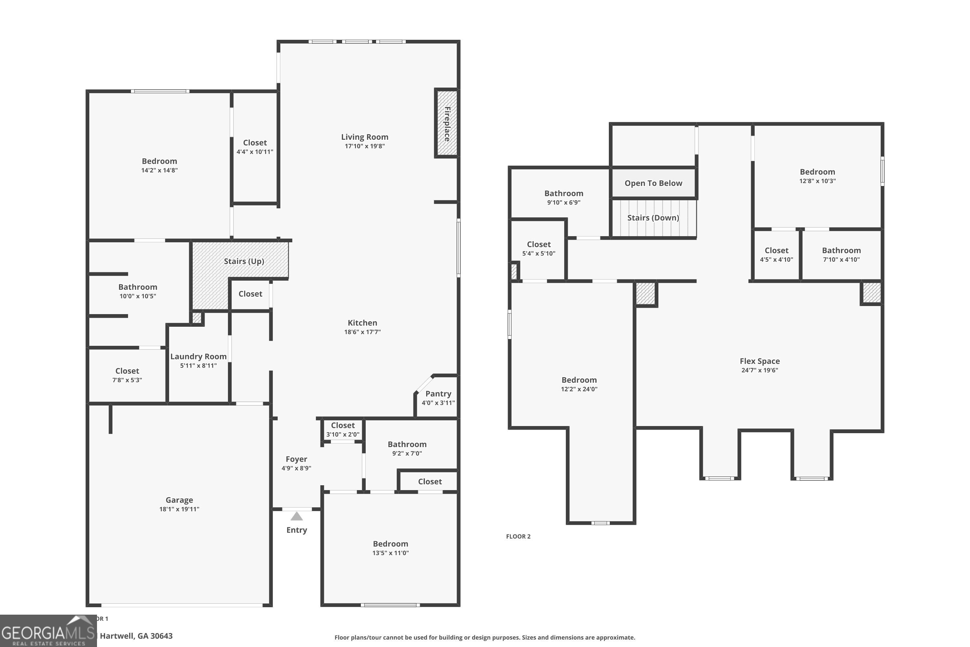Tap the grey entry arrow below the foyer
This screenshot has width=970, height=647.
[x=296, y=516]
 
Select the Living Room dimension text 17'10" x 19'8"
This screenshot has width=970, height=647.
[x=365, y=146]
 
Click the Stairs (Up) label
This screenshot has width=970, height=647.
[x=244, y=261]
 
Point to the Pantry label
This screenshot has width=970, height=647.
[x=438, y=394]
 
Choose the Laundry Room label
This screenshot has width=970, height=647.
[x=199, y=356]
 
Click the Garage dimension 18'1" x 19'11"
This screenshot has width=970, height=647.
[x=179, y=509]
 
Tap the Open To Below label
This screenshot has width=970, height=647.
[x=653, y=183]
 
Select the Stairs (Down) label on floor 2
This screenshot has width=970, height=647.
[x=653, y=218]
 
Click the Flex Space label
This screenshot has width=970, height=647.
[x=760, y=361]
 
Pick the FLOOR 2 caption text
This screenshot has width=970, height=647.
[x=518, y=536]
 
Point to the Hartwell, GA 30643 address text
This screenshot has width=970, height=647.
[x=136, y=636]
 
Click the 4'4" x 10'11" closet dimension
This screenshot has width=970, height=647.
[x=254, y=152]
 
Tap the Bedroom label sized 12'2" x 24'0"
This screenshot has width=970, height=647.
[x=579, y=380]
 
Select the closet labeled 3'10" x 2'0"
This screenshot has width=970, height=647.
[x=343, y=425]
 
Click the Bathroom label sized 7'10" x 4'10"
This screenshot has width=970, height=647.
[x=841, y=250]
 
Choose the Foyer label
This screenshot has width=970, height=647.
[x=296, y=459]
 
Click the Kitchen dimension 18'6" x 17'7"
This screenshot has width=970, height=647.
[x=362, y=332]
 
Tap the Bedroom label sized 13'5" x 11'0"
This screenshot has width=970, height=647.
[x=390, y=544]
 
